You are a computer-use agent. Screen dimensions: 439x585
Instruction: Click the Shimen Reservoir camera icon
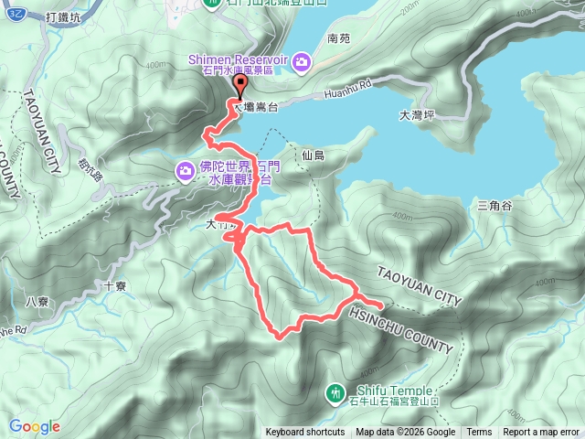tap(302, 61)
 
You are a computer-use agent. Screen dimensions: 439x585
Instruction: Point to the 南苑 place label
tap(337, 39)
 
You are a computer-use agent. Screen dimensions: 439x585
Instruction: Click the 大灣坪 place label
tap(416, 116)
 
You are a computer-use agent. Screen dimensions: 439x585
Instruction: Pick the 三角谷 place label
tap(495, 206)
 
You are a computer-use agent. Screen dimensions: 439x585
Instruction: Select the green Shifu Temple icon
tap(334, 393)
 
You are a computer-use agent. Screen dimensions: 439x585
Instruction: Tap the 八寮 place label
tap(37, 301)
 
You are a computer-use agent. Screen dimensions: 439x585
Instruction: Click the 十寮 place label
tap(115, 285)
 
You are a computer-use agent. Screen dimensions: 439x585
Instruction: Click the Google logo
tap(34, 426)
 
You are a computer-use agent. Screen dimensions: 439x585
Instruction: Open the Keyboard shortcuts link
tap(305, 433)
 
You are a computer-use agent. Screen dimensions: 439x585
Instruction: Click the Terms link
tap(479, 433)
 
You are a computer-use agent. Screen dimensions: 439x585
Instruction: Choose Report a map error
tap(541, 433)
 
